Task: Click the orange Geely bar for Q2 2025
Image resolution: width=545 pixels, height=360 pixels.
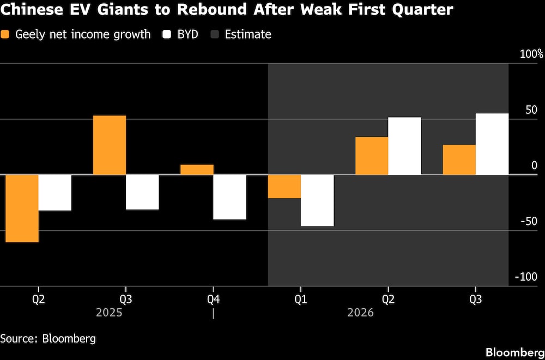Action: pyautogui.click(x=22, y=208)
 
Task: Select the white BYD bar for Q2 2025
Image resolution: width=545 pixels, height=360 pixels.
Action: pyautogui.click(x=55, y=193)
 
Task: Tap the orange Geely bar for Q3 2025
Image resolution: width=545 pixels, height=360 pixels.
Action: pyautogui.click(x=109, y=145)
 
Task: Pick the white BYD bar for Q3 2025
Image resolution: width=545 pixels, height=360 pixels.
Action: pyautogui.click(x=142, y=192)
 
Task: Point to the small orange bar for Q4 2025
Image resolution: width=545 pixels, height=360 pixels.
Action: pyautogui.click(x=197, y=169)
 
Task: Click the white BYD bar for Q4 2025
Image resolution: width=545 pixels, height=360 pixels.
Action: pyautogui.click(x=230, y=197)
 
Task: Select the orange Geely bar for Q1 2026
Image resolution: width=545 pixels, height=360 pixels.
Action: pyautogui.click(x=284, y=186)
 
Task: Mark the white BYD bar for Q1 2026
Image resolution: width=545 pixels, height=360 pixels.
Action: pyautogui.click(x=317, y=200)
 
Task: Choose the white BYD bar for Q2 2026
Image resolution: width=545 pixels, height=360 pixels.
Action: pyautogui.click(x=404, y=146)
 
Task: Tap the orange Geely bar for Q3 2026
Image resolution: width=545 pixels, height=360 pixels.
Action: pyautogui.click(x=459, y=160)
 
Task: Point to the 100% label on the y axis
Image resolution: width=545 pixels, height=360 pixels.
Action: pyautogui.click(x=531, y=54)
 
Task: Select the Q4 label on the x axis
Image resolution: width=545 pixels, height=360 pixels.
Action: pyautogui.click(x=214, y=298)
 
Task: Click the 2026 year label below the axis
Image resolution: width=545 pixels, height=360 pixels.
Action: pyautogui.click(x=361, y=313)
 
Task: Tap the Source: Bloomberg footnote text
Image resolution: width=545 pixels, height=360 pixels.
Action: pyautogui.click(x=48, y=338)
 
